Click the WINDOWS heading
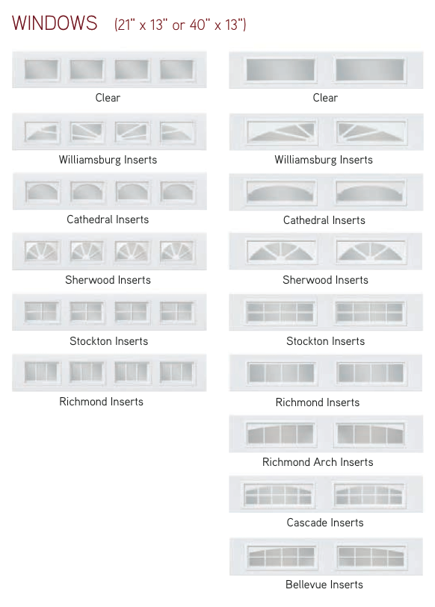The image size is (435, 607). click(55, 23)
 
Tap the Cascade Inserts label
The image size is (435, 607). click(325, 523)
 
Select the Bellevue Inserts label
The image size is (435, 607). click(324, 585)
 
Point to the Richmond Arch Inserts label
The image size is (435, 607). click(318, 462)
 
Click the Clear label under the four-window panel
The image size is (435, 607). click(108, 98)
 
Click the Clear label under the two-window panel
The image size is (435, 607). click(325, 98)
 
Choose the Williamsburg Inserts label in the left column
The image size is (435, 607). click(108, 160)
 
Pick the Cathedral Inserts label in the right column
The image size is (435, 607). click(324, 220)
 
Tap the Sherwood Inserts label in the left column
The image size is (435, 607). click(108, 280)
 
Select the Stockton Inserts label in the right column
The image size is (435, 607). click(325, 341)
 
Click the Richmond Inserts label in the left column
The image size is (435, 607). click(101, 402)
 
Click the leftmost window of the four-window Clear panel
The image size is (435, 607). click(42, 69)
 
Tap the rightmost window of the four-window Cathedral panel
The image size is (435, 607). click(177, 191)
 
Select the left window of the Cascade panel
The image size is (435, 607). click(278, 495)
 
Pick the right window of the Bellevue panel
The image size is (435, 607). click(371, 557)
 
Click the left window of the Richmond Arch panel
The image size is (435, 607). click(281, 433)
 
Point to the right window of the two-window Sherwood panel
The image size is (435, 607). click(371, 251)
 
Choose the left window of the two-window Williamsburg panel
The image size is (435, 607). click(282, 132)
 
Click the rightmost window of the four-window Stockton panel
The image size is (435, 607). click(177, 311)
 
